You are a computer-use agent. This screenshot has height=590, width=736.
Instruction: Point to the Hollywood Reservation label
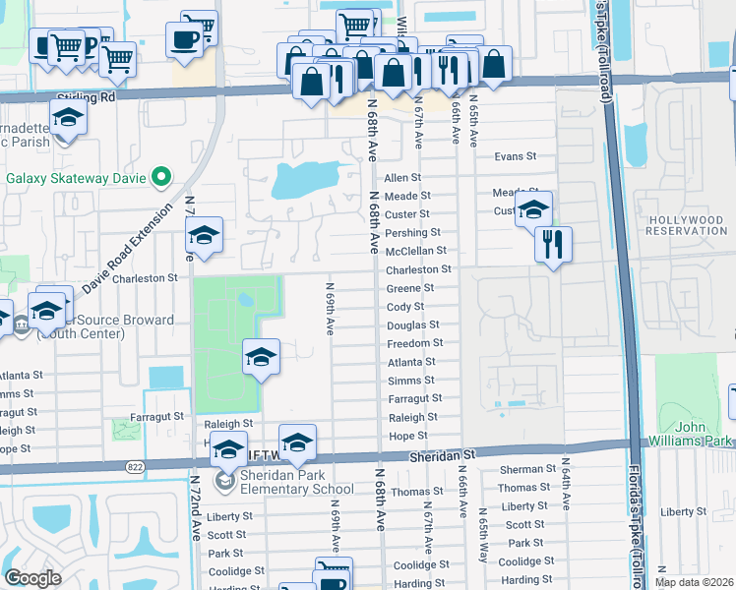686,225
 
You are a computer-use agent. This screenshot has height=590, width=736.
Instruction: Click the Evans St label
515,156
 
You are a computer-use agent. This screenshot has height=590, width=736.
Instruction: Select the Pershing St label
412,233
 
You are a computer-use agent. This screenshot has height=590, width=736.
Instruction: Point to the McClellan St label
415,251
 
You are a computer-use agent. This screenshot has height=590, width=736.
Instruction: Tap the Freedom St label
414,343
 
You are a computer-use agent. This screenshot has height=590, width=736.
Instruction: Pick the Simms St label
411,381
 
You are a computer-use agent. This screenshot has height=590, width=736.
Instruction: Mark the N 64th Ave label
567,482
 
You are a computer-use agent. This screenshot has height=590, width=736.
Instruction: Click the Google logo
32,578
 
